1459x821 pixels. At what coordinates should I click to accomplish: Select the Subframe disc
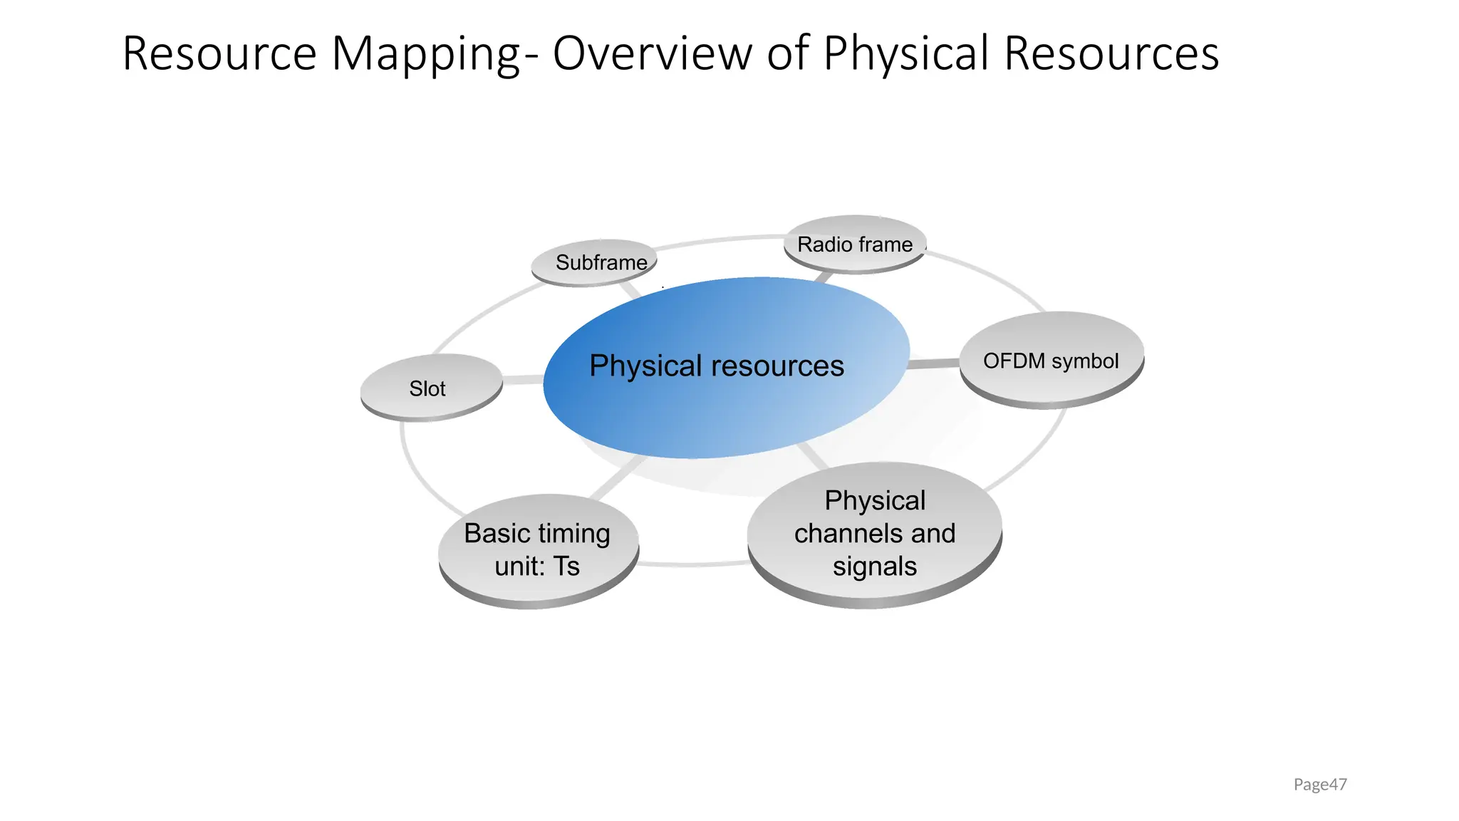pos(594,262)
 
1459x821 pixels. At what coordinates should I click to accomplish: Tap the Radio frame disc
pos(855,244)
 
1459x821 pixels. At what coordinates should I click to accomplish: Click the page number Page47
pos(1320,785)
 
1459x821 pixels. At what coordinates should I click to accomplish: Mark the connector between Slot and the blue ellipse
pos(524,380)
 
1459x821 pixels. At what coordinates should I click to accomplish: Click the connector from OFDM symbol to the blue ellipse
pos(934,364)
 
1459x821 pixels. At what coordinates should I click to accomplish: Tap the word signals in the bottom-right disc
pos(875,567)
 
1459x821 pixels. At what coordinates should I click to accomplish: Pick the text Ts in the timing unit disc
pos(567,567)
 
